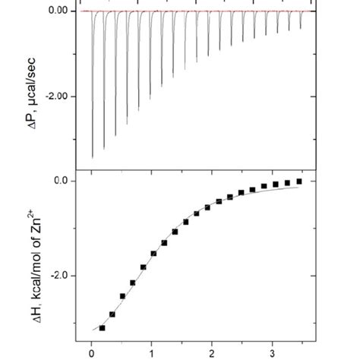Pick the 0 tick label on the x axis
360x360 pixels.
92,352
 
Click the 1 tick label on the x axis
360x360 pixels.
152,352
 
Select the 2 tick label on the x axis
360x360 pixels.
212,352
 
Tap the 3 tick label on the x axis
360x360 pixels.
272,352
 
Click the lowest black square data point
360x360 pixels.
102,327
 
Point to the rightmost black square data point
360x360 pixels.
299,181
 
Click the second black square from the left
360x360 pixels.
112,314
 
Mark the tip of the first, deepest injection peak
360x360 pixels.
93,156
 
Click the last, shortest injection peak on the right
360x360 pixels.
300,28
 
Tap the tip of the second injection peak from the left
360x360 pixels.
104,149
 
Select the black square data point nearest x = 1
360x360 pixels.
154,253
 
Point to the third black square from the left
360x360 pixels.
123,296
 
